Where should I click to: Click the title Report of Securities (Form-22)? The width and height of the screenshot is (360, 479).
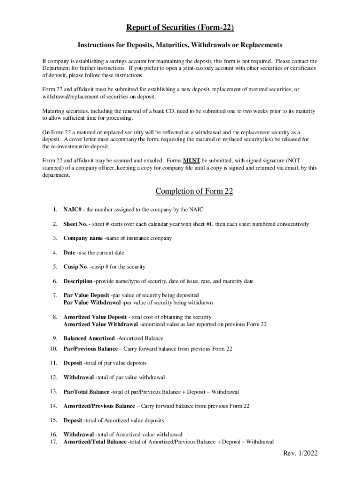180,28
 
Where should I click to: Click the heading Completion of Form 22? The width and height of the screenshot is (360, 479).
194,191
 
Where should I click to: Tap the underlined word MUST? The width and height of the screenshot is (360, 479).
192,160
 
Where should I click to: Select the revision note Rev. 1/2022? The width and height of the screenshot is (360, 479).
300,454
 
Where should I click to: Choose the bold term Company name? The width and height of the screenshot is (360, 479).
83,238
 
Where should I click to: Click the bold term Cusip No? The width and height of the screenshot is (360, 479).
75,267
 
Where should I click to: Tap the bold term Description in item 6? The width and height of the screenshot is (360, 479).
78,281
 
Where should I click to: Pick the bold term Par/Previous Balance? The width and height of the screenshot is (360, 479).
91,348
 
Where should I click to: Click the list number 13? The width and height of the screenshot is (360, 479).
53,392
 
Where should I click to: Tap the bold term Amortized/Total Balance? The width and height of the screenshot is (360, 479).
95,442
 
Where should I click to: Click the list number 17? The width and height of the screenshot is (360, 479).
53,442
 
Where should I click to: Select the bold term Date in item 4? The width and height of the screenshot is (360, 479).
69,253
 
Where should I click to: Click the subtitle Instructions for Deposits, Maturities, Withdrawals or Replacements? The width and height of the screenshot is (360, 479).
180,45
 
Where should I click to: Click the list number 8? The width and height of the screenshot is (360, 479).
54,317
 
